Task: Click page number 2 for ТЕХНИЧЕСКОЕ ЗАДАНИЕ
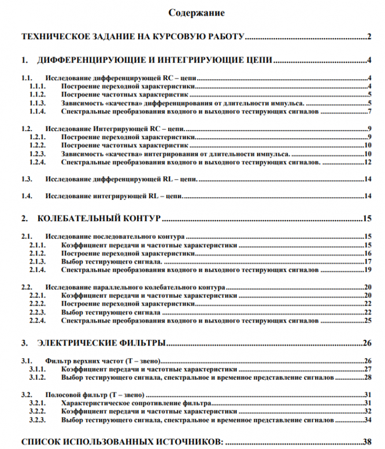click(368, 38)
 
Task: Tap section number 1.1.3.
click(37, 103)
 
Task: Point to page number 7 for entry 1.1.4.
click(368, 111)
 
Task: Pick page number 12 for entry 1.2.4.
click(367, 162)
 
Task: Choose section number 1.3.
click(27, 180)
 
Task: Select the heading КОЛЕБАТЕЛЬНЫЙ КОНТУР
click(99, 218)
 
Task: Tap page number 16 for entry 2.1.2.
click(367, 253)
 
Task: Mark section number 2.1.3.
click(37, 261)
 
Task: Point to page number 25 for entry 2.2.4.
click(367, 320)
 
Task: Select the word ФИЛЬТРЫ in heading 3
click(145, 343)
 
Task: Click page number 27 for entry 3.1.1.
click(367, 369)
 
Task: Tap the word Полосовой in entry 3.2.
click(62, 394)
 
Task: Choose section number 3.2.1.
click(37, 402)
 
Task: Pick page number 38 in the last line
click(367, 441)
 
